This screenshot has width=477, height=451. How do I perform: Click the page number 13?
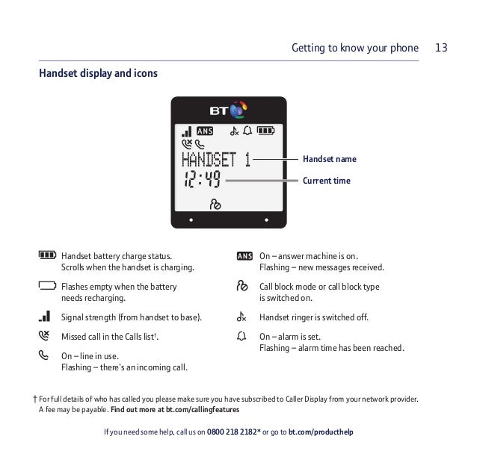[x=441, y=48]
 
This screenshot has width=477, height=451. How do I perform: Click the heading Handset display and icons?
[x=98, y=73]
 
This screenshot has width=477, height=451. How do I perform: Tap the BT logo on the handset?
[x=228, y=110]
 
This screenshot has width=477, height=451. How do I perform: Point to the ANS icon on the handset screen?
[x=205, y=131]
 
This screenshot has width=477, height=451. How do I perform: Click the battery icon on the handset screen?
[x=265, y=131]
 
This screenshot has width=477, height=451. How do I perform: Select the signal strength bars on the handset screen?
[x=186, y=131]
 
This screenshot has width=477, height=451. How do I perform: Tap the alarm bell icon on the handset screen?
[x=247, y=131]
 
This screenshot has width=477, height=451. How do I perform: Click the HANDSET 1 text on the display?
[x=216, y=160]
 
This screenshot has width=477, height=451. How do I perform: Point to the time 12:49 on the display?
[x=202, y=179]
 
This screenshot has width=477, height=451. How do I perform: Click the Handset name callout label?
[x=330, y=159]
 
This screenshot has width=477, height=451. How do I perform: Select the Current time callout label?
[x=327, y=181]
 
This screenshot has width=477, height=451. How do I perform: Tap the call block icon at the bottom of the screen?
[x=215, y=205]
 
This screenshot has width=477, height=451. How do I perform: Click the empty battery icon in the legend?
[x=47, y=285]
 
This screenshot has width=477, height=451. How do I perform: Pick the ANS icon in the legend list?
[x=244, y=256]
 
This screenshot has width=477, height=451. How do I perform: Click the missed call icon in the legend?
[x=44, y=335]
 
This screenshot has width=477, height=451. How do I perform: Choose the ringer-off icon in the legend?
[x=241, y=317]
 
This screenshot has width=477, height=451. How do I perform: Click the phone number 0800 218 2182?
[x=232, y=432]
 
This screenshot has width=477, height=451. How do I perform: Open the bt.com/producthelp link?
[x=321, y=432]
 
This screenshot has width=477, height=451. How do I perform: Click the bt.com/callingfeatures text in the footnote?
[x=203, y=410]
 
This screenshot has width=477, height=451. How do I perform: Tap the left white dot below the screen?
[x=191, y=220]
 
